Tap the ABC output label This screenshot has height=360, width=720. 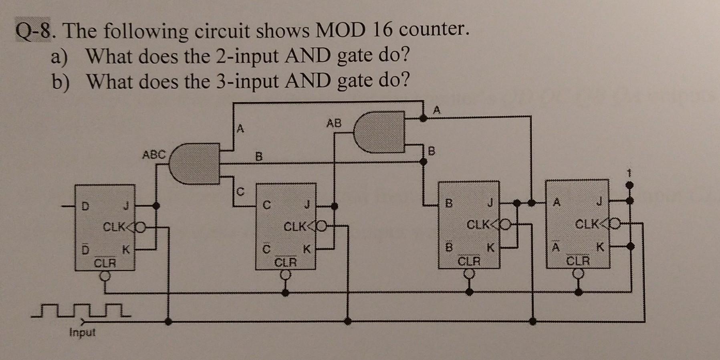[x=153, y=154]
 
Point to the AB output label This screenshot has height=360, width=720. [x=334, y=123]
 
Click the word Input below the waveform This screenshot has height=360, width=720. [x=82, y=332]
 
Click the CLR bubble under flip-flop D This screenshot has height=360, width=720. [x=105, y=276]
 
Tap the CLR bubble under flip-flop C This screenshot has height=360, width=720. [x=285, y=275]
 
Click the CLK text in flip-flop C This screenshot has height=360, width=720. [x=294, y=227]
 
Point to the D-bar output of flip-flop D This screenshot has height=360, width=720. [x=85, y=250]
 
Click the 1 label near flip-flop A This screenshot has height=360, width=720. [x=629, y=174]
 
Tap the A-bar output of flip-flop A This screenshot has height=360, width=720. [x=555, y=247]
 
